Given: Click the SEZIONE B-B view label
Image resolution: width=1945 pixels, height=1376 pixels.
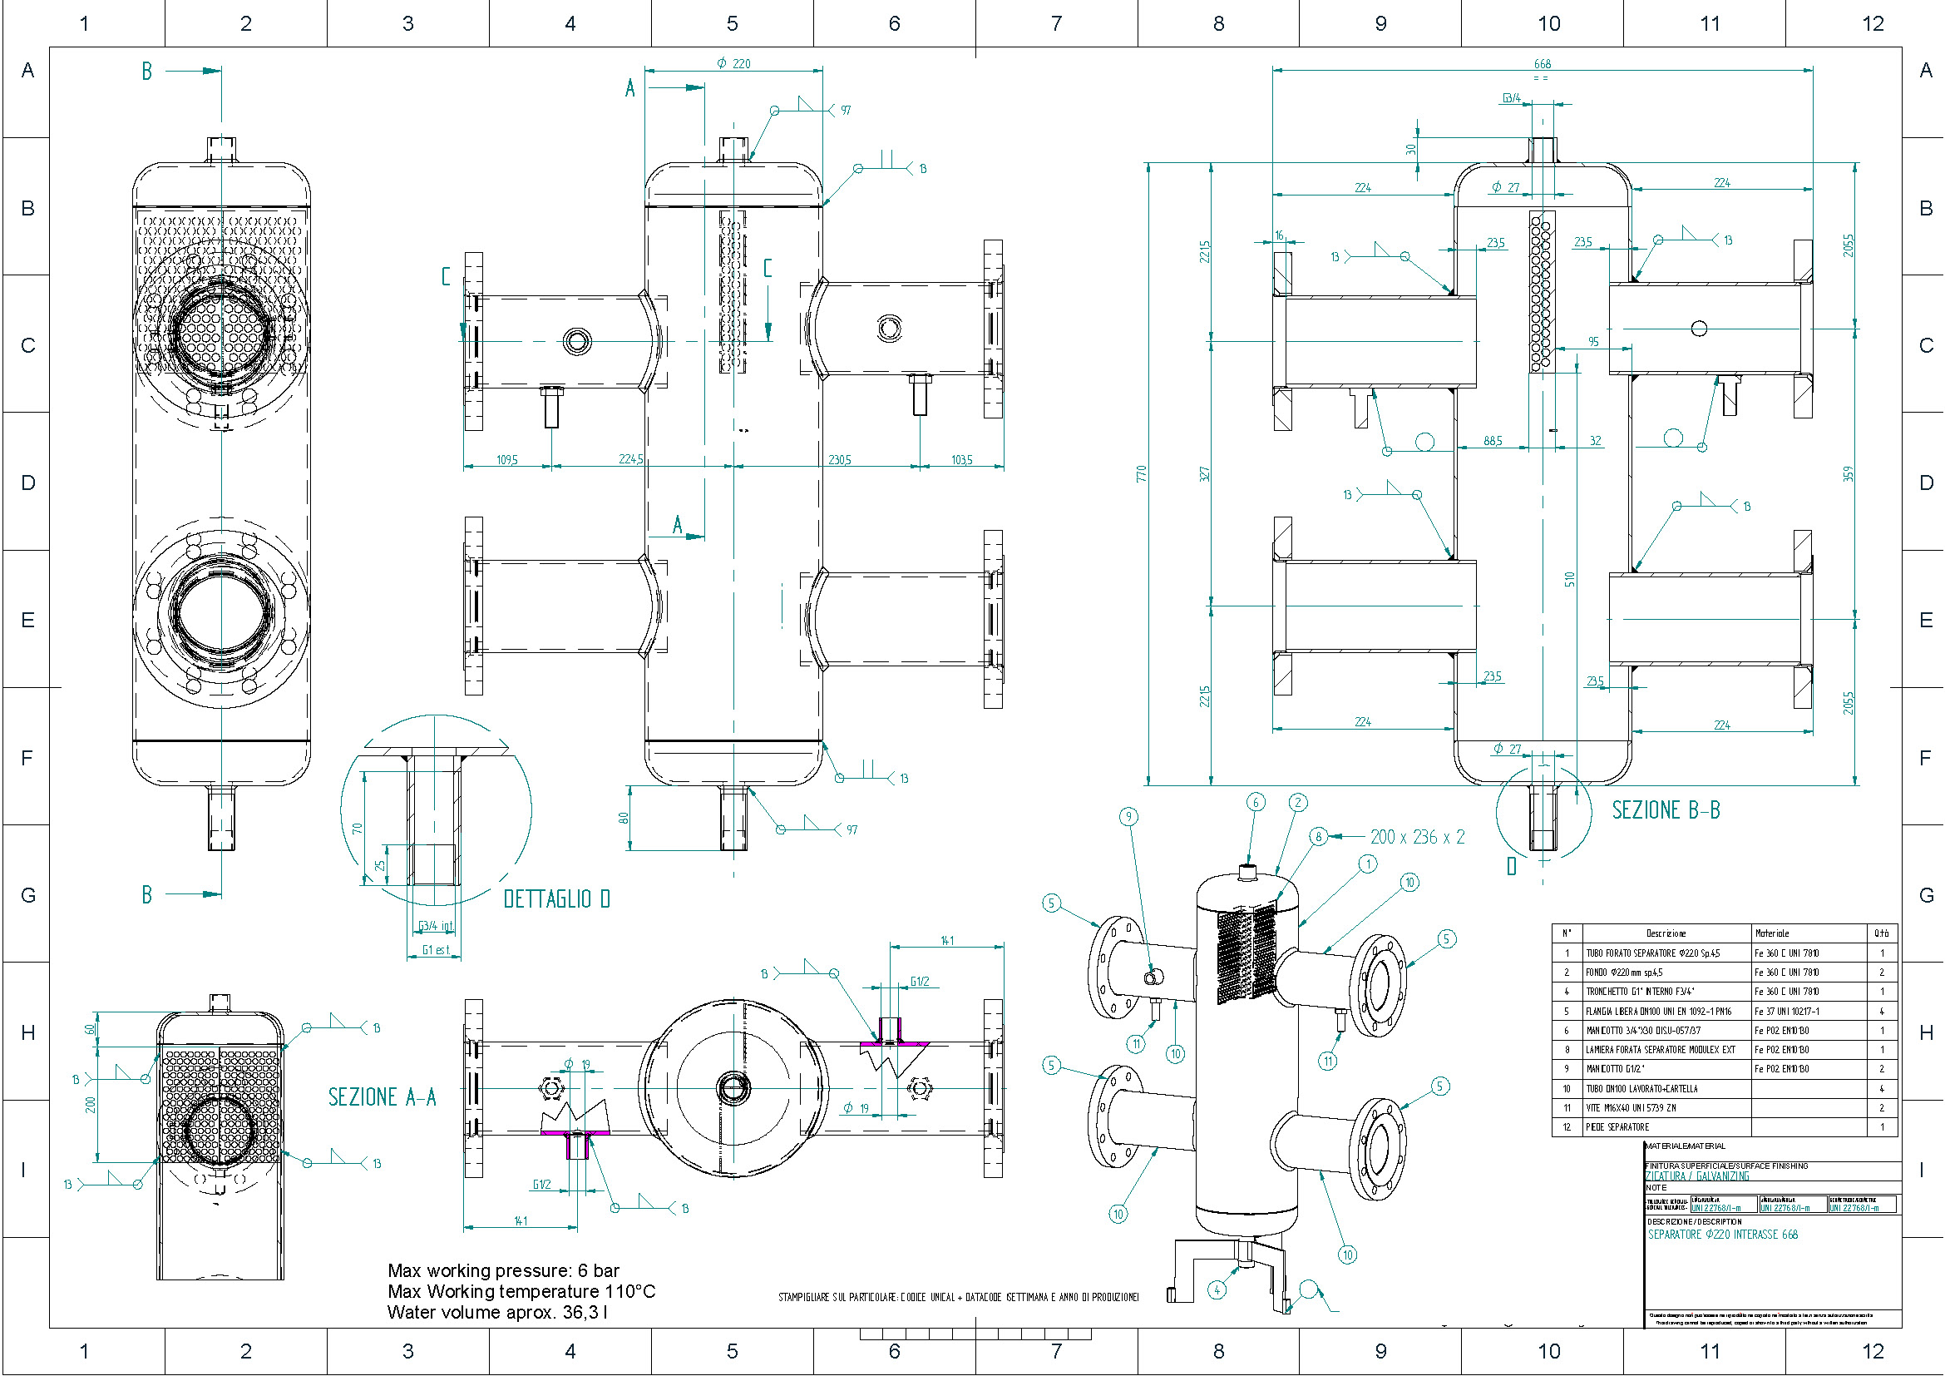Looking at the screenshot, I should pos(1666,811).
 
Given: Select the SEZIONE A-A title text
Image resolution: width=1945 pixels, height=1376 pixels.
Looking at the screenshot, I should pos(382,1097).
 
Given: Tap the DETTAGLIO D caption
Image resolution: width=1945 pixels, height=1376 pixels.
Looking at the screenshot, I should pos(556,899).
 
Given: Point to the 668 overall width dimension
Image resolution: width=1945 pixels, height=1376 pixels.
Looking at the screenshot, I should pos(1543,63).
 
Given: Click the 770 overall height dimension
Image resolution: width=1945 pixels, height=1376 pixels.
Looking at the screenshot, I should pos(1141,473).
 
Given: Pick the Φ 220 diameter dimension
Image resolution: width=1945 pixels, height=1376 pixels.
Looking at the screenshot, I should pos(733,63).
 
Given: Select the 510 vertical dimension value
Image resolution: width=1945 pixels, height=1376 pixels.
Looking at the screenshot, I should pos(1570,580).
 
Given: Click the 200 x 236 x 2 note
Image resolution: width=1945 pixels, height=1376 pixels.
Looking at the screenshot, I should pos(1417,837).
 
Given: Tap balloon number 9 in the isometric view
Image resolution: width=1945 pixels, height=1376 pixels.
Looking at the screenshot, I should pos(1128,817).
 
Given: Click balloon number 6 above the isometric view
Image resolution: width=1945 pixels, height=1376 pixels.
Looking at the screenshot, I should pos(1256,802).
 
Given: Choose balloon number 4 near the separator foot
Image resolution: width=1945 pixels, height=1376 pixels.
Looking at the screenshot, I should pos(1217,1290).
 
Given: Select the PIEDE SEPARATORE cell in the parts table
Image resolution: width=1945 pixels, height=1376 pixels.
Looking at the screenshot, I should pos(1617,1128).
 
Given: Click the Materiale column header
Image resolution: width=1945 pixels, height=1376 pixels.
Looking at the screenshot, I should pos(1772,933).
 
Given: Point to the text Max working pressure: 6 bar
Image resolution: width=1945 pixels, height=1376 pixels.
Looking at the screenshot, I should pos(503,1271).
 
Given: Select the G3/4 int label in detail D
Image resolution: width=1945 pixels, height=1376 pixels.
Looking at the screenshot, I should pos(436,926).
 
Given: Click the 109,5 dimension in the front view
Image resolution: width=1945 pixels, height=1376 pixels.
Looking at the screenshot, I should pos(506,460).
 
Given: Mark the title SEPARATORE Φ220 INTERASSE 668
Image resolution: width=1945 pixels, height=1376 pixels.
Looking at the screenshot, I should pos(1722,1235).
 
